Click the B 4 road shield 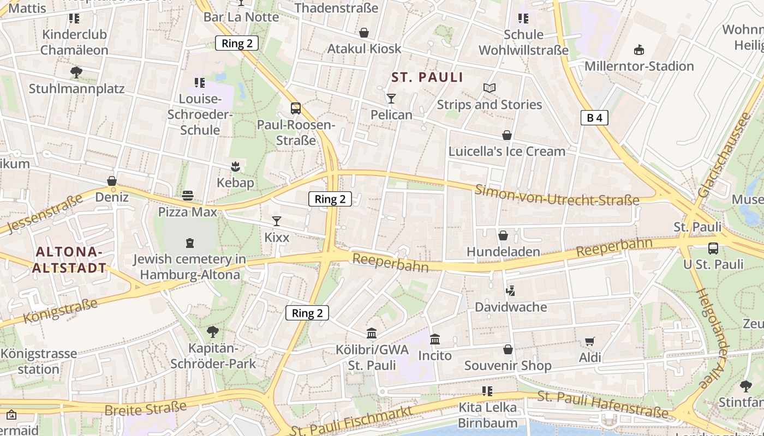594,118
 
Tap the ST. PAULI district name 427,77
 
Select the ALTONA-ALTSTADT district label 69,260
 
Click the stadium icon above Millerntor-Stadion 639,50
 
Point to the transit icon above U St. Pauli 713,249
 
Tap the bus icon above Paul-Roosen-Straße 295,108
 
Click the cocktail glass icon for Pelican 391,99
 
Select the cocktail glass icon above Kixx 277,221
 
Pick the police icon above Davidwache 510,290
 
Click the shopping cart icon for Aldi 589,342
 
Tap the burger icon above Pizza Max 188,196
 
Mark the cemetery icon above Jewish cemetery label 189,243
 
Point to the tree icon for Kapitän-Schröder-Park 213,331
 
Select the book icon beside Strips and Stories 490,88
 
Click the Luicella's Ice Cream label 506,152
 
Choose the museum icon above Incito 435,340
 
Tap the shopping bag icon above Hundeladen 503,235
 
